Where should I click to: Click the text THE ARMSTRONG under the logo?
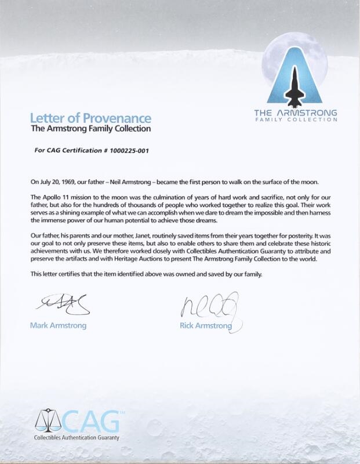click(x=296, y=113)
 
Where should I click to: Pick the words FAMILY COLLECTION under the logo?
click(x=296, y=119)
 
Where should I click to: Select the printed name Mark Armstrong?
click(x=58, y=325)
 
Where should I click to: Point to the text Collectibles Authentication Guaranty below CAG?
click(x=77, y=437)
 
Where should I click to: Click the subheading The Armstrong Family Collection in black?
click(x=90, y=129)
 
